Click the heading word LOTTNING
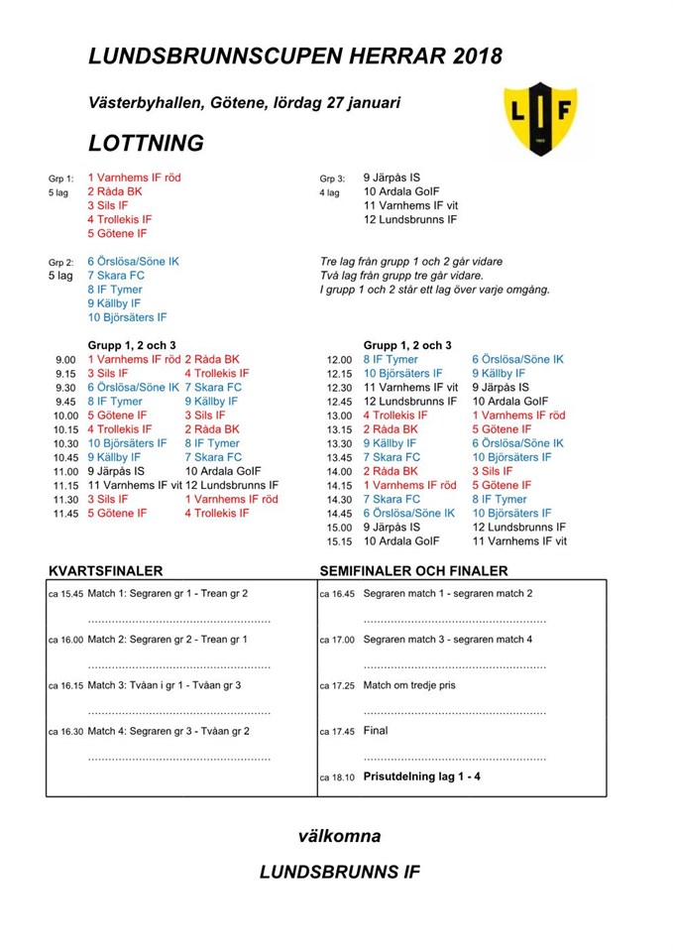146,143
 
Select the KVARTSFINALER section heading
105,571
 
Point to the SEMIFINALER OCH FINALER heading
413,571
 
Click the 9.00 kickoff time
65,360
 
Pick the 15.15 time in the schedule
339,541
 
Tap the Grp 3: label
331,178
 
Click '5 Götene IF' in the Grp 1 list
117,234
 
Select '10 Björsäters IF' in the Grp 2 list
127,317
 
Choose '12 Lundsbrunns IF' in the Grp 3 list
410,220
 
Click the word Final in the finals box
376,731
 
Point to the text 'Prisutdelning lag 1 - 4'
421,776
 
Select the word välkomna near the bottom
339,836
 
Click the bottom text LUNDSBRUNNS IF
339,873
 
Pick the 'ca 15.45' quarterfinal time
65,594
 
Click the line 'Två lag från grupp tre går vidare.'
401,276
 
